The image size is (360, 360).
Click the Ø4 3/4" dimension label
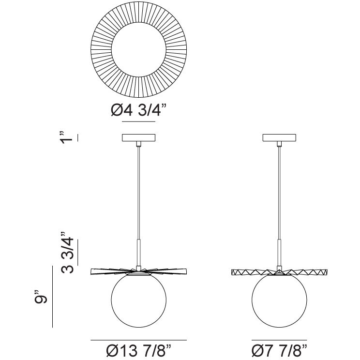139,110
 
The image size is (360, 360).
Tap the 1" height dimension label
67,138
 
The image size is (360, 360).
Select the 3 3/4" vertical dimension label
68,253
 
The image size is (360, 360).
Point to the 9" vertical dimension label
41,297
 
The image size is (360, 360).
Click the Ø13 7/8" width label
139,351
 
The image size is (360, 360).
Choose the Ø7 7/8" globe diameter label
279,351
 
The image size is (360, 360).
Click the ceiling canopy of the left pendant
139,137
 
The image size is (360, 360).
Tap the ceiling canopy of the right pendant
279,137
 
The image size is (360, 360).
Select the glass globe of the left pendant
139,300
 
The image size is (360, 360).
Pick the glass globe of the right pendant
279,300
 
